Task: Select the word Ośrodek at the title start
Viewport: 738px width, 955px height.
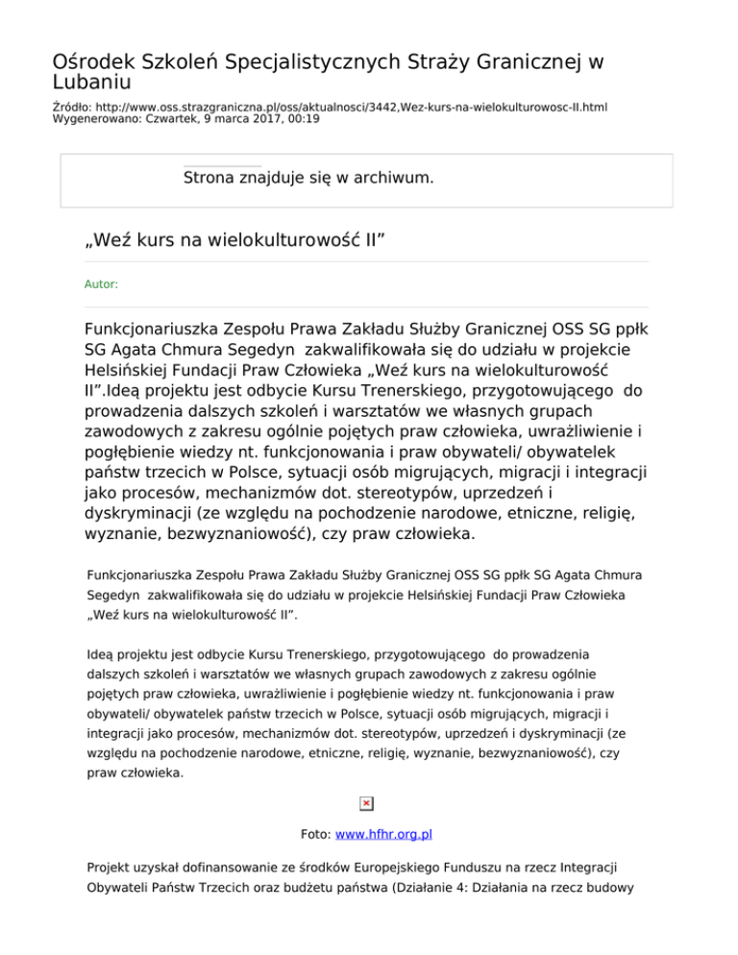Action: (89, 62)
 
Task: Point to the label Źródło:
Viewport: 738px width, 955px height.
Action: (73, 108)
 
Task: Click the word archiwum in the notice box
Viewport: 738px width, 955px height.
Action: (385, 179)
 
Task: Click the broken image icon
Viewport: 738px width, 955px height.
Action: (367, 803)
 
